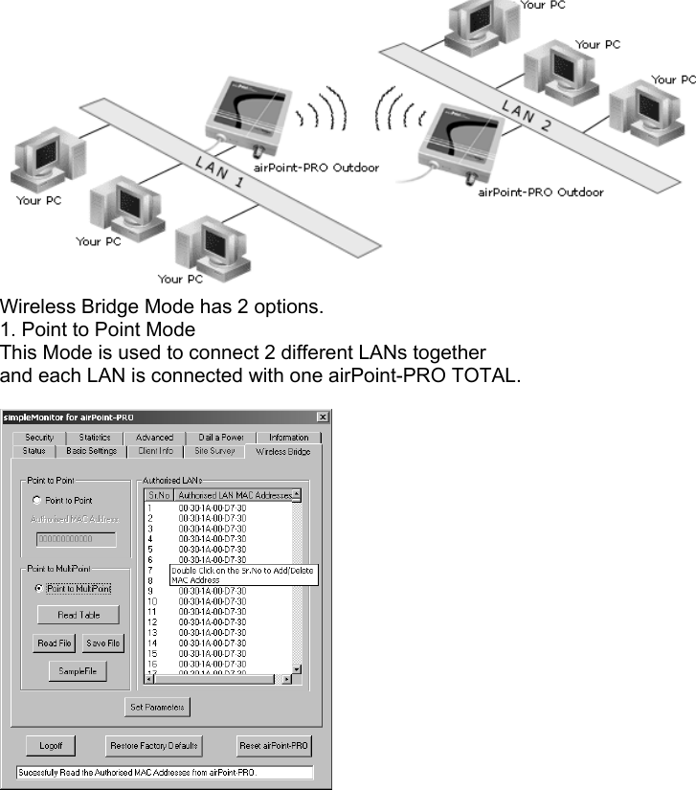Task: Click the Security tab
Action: point(38,437)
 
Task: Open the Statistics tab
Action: point(95,437)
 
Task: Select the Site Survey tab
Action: point(213,450)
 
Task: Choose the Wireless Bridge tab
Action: point(283,451)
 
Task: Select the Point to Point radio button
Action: point(37,500)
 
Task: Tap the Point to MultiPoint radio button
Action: point(37,588)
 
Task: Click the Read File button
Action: point(55,643)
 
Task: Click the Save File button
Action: point(102,643)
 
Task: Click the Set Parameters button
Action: point(157,708)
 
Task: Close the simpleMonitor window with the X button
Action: point(323,417)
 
